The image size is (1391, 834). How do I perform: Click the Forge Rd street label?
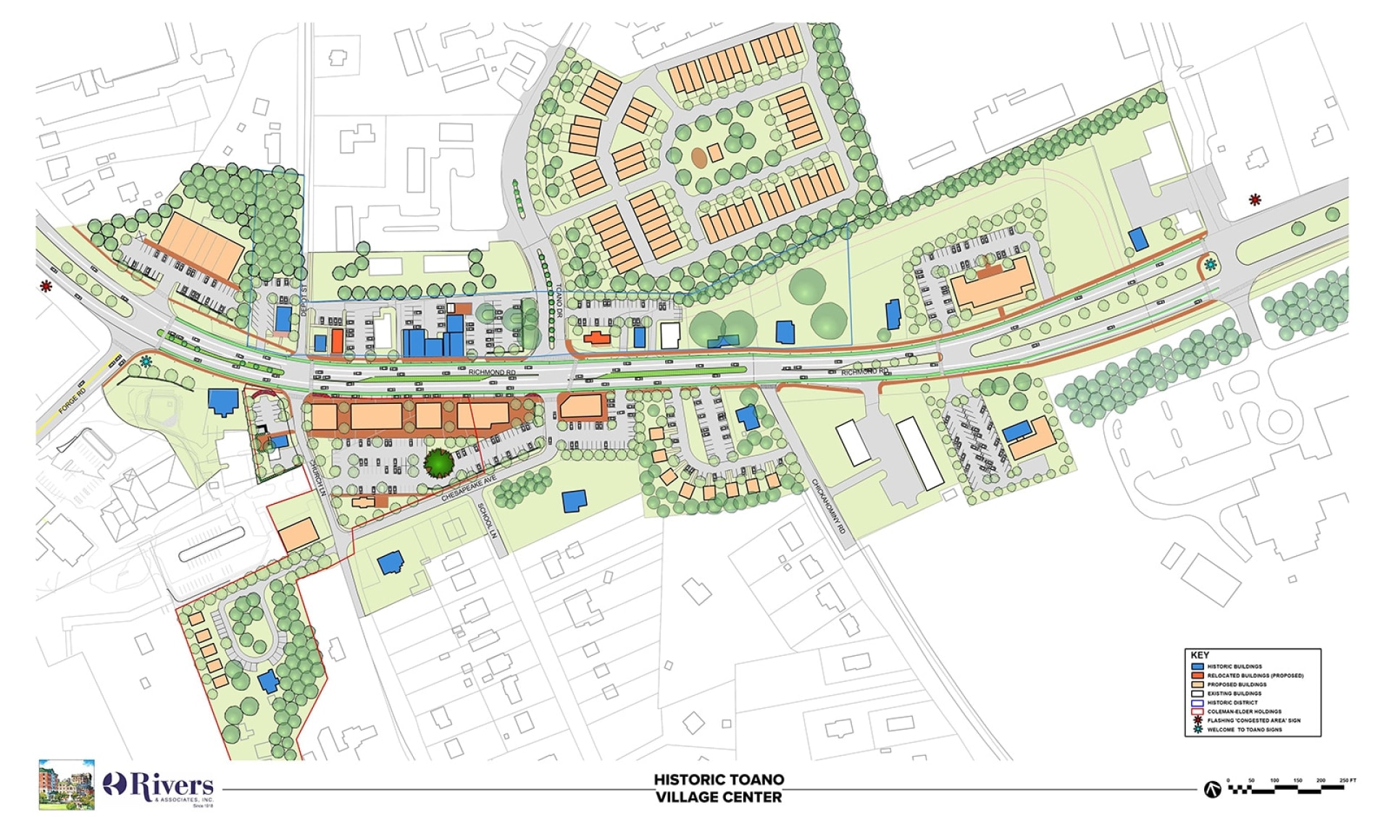(x=72, y=401)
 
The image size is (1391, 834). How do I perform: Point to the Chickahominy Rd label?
(x=828, y=506)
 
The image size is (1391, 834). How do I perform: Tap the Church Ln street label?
(x=319, y=476)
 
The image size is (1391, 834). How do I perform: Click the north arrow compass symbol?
(x=1212, y=789)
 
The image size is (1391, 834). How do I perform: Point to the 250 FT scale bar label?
(x=1348, y=780)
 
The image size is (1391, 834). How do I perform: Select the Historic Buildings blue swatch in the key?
(x=1198, y=666)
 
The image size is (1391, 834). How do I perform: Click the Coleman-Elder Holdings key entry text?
(x=1244, y=712)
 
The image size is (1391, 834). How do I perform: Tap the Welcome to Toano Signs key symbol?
(x=1198, y=729)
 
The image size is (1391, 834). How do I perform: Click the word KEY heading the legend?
(x=1200, y=654)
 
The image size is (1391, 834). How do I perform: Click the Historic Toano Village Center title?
(x=719, y=788)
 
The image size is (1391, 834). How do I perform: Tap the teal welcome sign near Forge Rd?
(x=147, y=361)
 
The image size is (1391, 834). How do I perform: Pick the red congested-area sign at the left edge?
(x=46, y=287)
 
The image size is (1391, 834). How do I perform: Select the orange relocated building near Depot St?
(x=337, y=340)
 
